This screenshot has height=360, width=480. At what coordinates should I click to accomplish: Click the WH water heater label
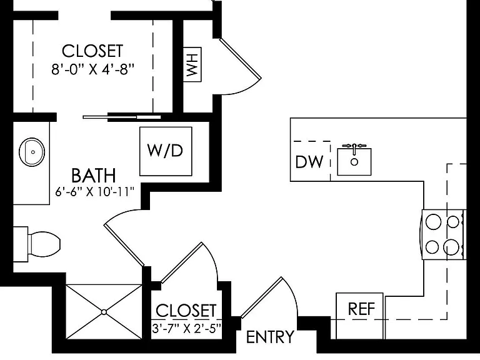click(x=192, y=64)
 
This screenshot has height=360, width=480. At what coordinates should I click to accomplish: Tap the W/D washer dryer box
click(x=166, y=151)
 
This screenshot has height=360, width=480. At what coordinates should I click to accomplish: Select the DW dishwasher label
click(x=309, y=162)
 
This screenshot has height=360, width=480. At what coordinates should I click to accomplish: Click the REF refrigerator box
click(x=360, y=316)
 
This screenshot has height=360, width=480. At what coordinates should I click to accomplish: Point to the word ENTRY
click(x=270, y=337)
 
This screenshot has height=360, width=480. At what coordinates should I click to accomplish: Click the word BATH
click(x=94, y=176)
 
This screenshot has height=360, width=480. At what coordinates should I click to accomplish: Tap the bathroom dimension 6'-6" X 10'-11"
click(x=95, y=192)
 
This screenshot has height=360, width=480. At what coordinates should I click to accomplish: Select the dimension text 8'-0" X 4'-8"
click(x=93, y=69)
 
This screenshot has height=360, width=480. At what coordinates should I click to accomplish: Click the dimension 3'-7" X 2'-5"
click(x=186, y=329)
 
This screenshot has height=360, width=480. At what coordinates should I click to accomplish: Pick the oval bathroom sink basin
click(x=32, y=152)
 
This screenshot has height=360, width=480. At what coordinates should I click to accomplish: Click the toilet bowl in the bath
click(x=44, y=244)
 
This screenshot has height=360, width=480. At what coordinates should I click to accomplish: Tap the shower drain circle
click(x=104, y=312)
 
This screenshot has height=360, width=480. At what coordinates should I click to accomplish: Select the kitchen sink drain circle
click(x=354, y=162)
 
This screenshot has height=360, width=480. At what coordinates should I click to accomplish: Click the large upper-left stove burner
click(x=434, y=221)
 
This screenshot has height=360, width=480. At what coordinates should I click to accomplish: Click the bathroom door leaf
click(x=124, y=244)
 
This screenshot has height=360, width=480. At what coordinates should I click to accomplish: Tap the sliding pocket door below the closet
click(x=122, y=117)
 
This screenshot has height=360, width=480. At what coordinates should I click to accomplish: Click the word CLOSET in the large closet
click(x=92, y=51)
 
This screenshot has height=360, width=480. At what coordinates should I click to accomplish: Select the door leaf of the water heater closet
click(x=241, y=58)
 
